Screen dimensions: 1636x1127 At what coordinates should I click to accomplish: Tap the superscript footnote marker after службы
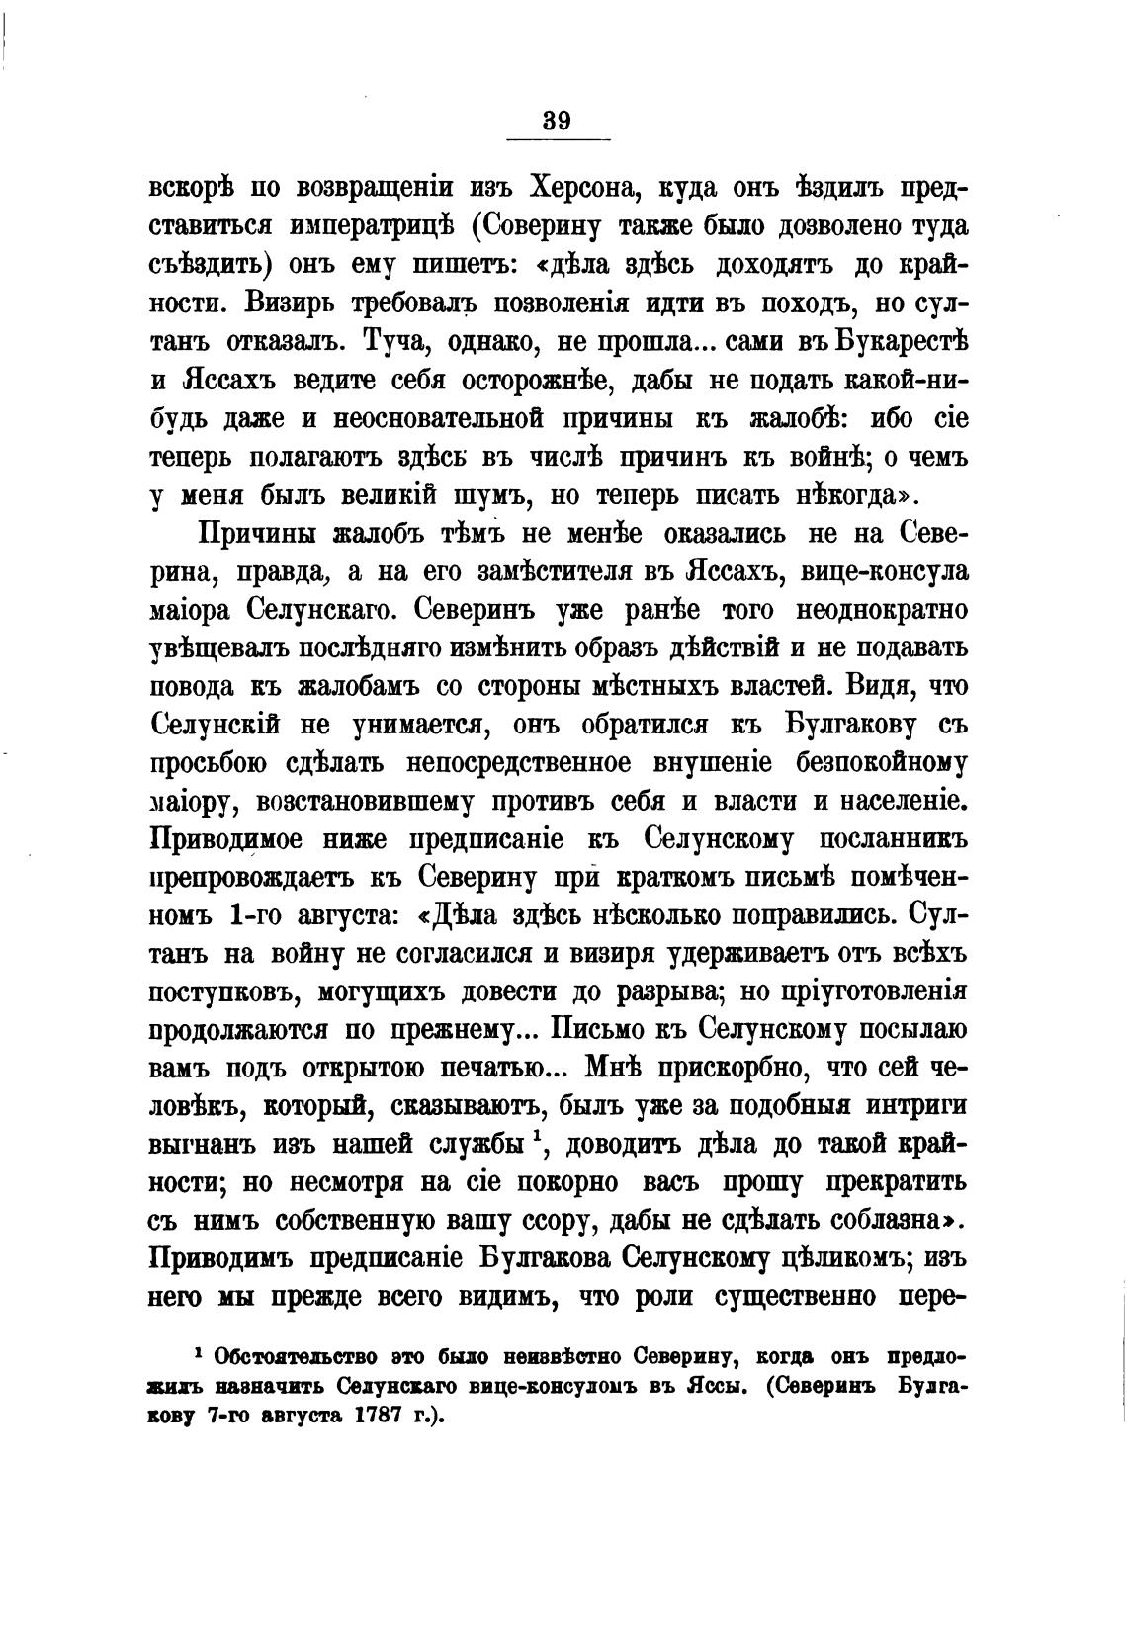(x=535, y=1139)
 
